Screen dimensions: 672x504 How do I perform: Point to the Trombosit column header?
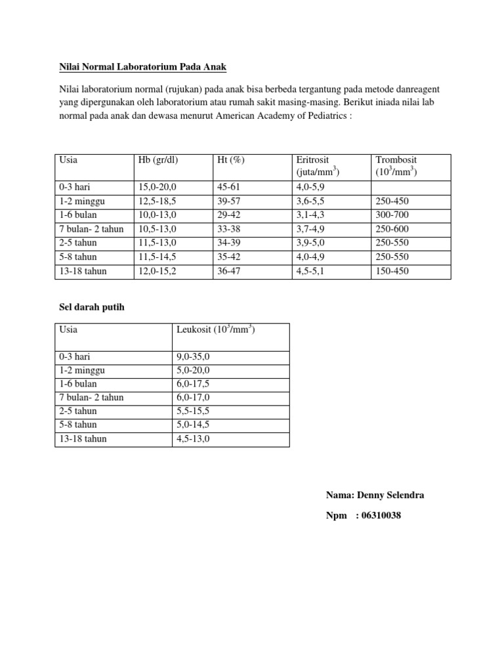[396, 159]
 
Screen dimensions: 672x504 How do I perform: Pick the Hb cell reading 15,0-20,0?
[158, 186]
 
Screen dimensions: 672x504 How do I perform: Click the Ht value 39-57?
[229, 201]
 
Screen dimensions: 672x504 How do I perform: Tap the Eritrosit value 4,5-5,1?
[310, 270]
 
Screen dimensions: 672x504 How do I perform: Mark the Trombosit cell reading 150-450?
[392, 270]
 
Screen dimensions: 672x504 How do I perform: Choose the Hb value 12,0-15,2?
[158, 270]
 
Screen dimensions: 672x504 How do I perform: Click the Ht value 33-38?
[229, 228]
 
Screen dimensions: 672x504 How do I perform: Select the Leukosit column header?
[215, 329]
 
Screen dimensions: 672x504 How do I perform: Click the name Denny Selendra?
[388, 495]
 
